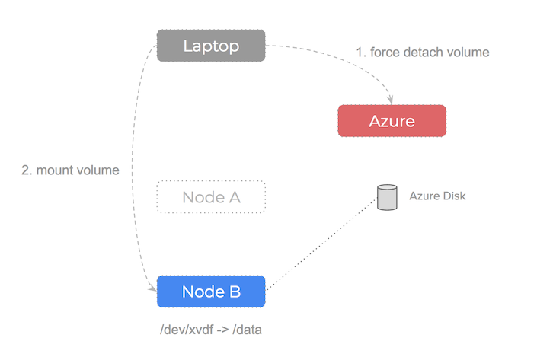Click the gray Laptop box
point(211,46)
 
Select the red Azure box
point(392,121)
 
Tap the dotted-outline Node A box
point(211,197)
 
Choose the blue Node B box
point(211,292)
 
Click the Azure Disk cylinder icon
point(388,197)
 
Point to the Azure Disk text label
point(437,196)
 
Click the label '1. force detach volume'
point(423,53)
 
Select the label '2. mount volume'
point(70,170)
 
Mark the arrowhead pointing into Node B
point(152,287)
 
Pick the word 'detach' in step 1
point(427,53)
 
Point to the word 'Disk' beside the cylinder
point(452,196)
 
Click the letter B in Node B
point(235,292)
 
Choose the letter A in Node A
point(234,197)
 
